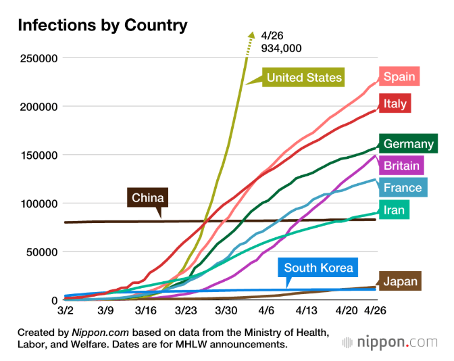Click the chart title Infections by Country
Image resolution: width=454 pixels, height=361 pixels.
click(x=102, y=26)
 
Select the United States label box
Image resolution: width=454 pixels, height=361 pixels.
click(x=304, y=78)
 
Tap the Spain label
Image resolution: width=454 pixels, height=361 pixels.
click(x=399, y=76)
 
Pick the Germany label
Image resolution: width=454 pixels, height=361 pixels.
click(x=408, y=143)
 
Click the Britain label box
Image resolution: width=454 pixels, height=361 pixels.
click(x=401, y=166)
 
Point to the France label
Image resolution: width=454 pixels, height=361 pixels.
click(x=402, y=188)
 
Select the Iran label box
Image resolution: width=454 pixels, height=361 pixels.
click(x=394, y=210)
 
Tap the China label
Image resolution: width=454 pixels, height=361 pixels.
click(x=147, y=198)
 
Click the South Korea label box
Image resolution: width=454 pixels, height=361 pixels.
click(x=318, y=268)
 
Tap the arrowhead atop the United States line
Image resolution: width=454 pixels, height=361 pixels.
click(x=251, y=34)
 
